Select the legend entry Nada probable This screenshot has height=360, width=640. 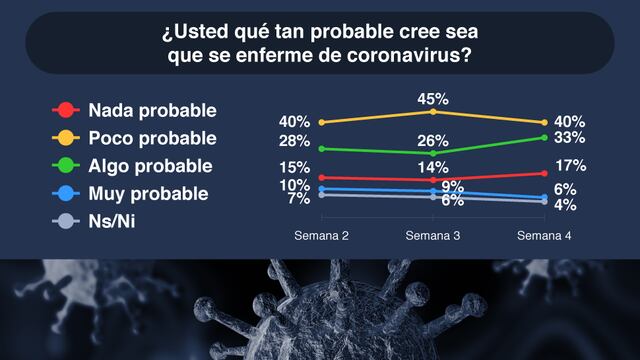(x=151, y=109)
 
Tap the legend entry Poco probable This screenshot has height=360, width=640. (x=151, y=137)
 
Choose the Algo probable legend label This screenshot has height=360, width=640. (x=151, y=165)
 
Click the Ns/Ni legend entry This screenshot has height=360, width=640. (x=112, y=221)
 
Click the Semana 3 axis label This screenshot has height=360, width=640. (x=432, y=236)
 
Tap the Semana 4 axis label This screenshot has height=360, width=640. (x=544, y=236)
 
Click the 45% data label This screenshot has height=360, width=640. (x=433, y=99)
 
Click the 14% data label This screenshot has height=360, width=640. (x=433, y=167)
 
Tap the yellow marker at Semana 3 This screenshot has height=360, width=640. (x=432, y=112)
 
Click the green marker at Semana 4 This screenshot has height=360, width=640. (x=544, y=138)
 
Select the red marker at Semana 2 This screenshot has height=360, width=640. (x=320, y=178)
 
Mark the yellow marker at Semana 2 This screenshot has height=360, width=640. (x=320, y=122)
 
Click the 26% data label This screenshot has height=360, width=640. (x=433, y=140)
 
